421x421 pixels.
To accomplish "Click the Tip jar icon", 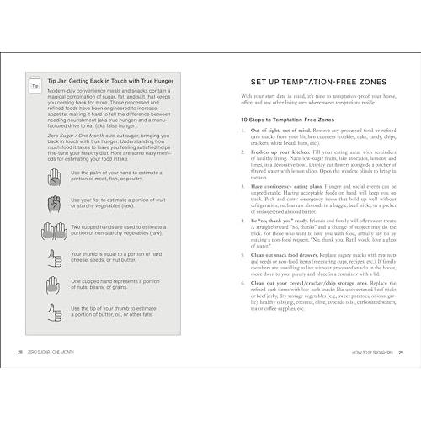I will (x=35, y=85).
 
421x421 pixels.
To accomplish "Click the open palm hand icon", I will (x=56, y=176).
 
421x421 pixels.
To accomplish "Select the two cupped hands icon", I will (x=56, y=232).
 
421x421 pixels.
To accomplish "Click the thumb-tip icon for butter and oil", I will (x=56, y=313).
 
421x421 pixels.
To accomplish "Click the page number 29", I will (x=402, y=353).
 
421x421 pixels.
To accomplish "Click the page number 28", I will (x=19, y=353).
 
